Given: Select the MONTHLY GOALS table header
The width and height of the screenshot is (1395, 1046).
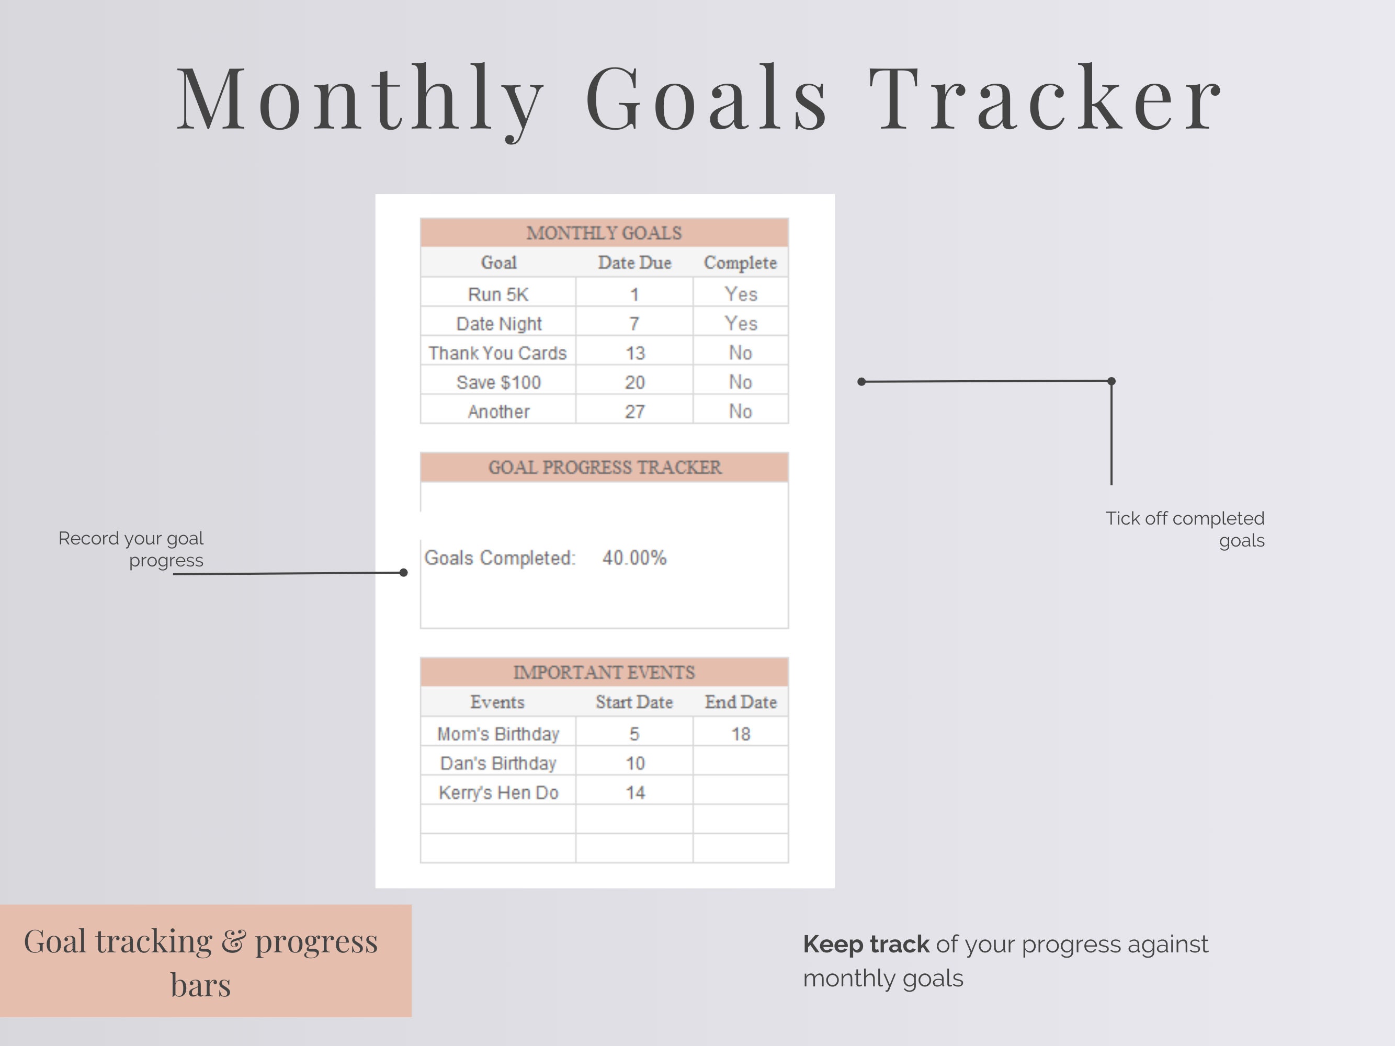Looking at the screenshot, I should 604,233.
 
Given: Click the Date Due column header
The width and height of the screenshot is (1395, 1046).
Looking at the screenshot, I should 634,263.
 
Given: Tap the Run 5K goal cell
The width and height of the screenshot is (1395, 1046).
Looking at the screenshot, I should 497,294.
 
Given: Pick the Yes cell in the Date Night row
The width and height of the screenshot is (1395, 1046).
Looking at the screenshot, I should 740,323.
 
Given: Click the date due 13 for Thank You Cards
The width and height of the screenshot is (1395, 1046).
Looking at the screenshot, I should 634,353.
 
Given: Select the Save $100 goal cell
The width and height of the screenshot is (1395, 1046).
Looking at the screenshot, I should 498,382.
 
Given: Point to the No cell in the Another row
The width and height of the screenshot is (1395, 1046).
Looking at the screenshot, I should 740,411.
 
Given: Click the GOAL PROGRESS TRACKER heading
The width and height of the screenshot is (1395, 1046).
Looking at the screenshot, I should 604,467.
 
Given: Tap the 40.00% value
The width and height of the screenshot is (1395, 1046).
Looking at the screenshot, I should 634,558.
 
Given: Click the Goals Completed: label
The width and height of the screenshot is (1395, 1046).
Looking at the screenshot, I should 500,558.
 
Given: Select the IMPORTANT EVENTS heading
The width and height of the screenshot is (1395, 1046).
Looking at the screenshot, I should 604,672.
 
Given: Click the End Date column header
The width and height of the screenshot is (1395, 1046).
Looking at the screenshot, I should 740,702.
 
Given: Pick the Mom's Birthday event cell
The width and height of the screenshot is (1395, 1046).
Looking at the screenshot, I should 497,734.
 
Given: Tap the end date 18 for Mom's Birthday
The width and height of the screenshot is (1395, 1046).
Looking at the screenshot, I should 740,734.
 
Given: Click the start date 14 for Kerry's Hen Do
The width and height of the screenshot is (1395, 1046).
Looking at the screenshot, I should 634,792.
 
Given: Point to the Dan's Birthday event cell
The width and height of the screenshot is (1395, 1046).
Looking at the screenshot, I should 497,764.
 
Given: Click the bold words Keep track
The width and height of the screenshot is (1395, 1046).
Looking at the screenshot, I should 865,944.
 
